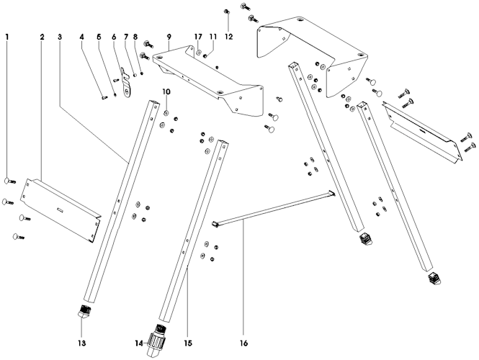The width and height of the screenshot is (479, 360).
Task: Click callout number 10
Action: tap(166, 92)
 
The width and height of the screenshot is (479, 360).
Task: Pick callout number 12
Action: tap(229, 35)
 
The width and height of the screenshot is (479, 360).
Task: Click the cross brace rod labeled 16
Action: tap(274, 209)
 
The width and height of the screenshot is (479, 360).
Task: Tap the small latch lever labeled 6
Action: tap(128, 81)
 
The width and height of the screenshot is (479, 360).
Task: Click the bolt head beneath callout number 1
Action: tap(9, 181)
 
